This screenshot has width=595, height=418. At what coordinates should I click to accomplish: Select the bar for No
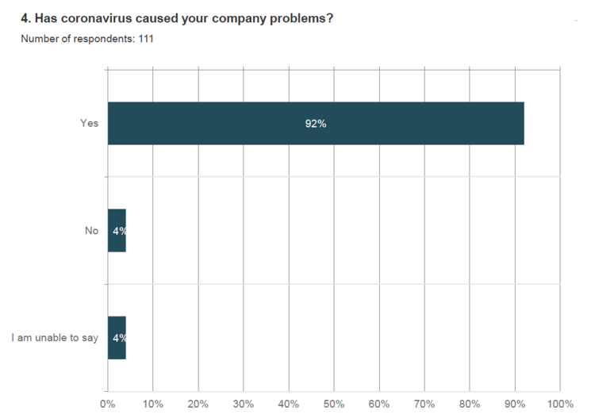click(x=117, y=230)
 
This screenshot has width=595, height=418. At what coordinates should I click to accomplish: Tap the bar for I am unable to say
click(x=117, y=338)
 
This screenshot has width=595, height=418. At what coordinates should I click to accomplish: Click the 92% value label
click(x=316, y=124)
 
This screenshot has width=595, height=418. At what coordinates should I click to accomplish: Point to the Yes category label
click(x=89, y=123)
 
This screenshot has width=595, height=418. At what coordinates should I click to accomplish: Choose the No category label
click(x=91, y=231)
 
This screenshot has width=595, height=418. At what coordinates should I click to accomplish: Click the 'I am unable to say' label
click(x=55, y=338)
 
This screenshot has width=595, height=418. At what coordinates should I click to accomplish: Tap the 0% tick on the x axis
click(x=108, y=404)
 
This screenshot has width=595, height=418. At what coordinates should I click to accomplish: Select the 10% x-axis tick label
click(x=153, y=404)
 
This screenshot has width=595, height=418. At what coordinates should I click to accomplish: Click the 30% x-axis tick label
click(x=244, y=404)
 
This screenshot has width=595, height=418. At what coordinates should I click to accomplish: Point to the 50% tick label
click(x=334, y=404)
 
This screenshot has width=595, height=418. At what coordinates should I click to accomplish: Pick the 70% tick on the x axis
click(x=424, y=404)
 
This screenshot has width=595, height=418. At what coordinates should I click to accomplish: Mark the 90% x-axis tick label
click(x=515, y=404)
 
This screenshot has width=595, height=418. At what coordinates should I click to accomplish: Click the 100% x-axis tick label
click(x=560, y=404)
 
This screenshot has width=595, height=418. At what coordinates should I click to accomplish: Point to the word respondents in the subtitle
click(x=94, y=38)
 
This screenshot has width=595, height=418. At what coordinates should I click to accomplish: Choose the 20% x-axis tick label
click(x=198, y=404)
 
